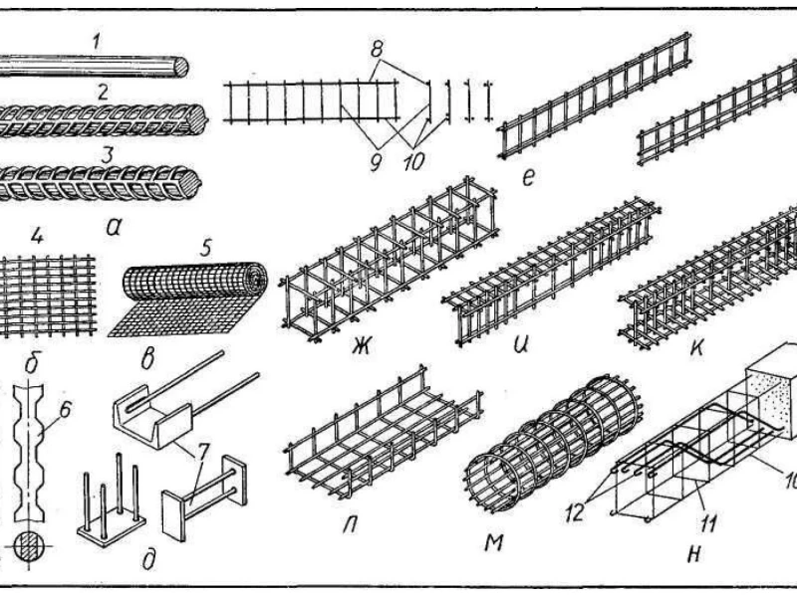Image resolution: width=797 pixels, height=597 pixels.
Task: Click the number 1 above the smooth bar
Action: (97, 42)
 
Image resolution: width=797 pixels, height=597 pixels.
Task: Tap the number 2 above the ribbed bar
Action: (104, 93)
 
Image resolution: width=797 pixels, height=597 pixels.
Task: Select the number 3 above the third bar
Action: (107, 155)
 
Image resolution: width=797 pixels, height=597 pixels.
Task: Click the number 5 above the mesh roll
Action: (205, 249)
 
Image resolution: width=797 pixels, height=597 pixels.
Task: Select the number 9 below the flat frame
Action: (377, 163)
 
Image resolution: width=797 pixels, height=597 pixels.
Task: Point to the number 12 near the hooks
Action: (575, 512)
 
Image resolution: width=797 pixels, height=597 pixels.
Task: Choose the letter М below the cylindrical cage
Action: (493, 542)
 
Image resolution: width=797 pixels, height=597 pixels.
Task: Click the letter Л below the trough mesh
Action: (350, 525)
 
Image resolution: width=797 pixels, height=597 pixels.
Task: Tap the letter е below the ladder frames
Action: (528, 178)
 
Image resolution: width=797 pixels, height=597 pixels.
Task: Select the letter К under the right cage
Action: (697, 347)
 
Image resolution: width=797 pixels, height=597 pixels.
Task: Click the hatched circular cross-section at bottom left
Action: (30, 548)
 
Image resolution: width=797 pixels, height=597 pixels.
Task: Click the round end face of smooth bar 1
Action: (179, 67)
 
